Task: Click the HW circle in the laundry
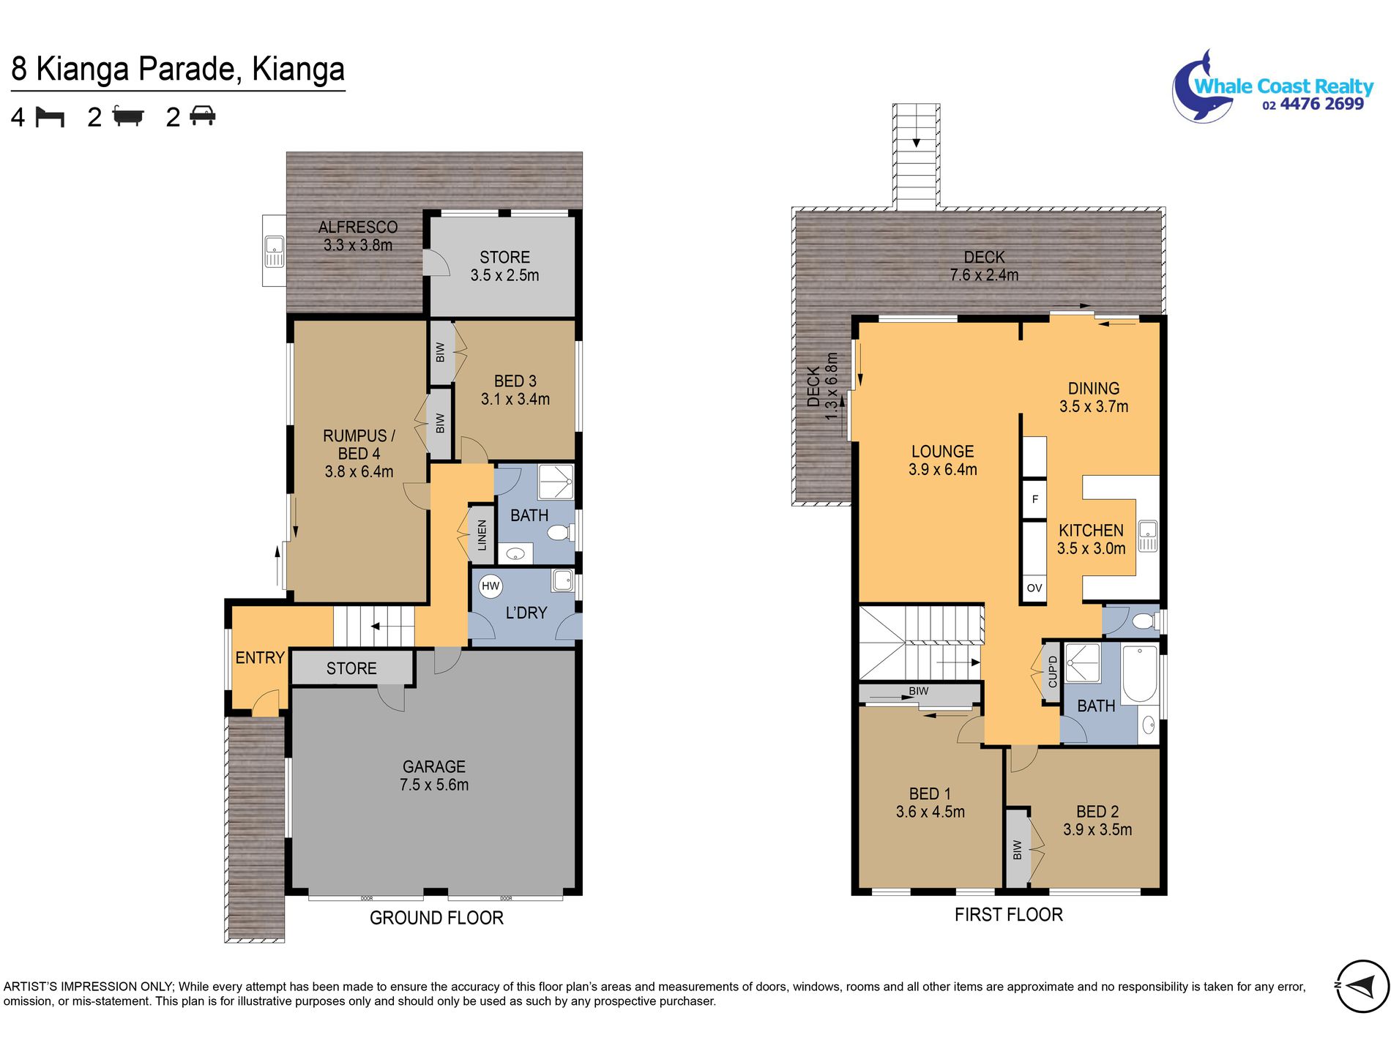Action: [x=491, y=586]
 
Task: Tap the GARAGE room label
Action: [x=434, y=766]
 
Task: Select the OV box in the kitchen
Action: [x=1034, y=588]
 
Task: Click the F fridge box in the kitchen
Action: [x=1034, y=499]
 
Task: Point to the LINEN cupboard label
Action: [x=482, y=534]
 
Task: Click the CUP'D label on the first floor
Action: [x=1053, y=672]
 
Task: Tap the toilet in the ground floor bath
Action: [x=562, y=532]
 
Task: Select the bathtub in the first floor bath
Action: [x=1140, y=673]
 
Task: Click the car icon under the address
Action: [x=202, y=116]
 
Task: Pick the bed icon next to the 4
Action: [x=51, y=117]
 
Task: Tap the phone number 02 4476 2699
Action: [x=1313, y=105]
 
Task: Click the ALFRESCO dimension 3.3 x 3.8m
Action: [x=358, y=245]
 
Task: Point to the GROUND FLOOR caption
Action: [x=436, y=918]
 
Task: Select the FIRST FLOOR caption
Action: [x=1008, y=914]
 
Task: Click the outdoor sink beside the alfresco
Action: [x=274, y=251]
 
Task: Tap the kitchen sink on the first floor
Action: [x=1147, y=536]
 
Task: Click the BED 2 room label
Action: [x=1097, y=812]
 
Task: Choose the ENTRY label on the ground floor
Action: [x=260, y=658]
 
